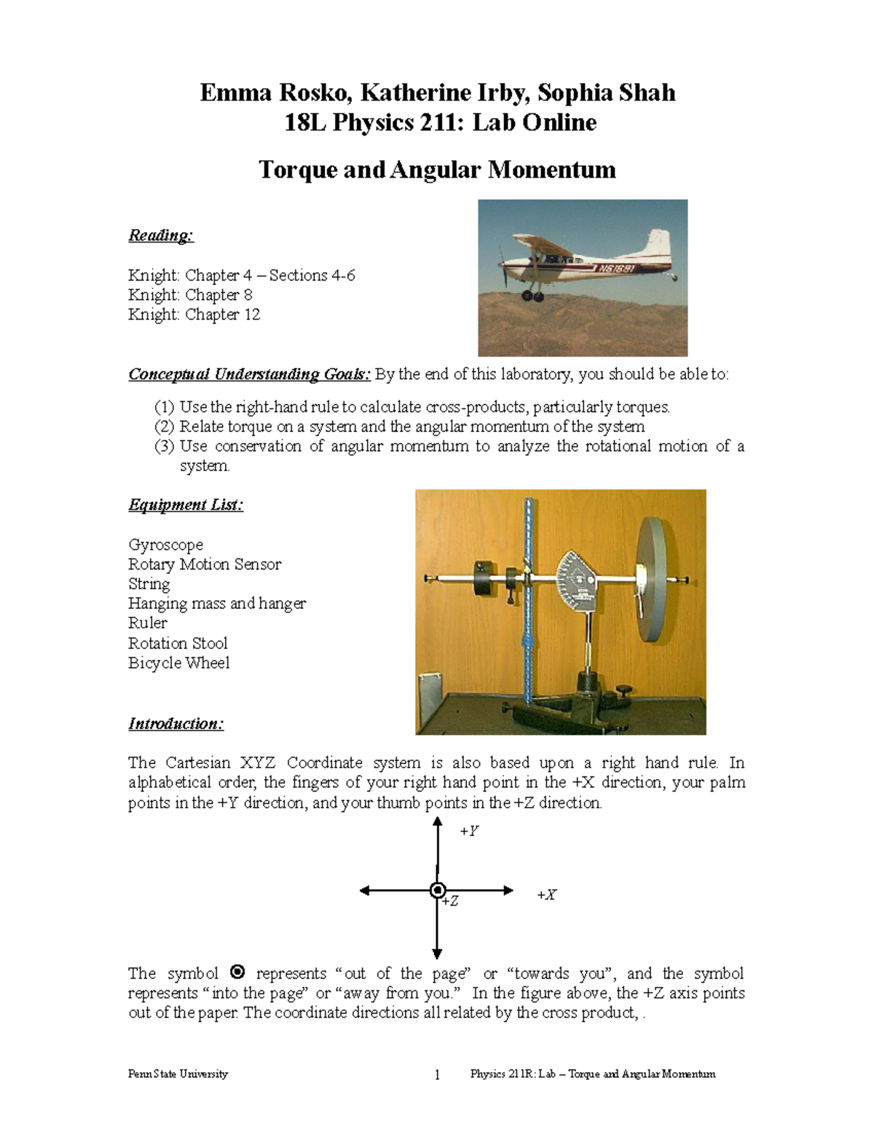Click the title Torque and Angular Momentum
coord(437,170)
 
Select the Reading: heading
coord(161,235)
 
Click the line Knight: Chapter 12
coord(194,315)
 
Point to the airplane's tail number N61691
coord(618,268)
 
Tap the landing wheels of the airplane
coord(532,296)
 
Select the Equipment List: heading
coord(186,505)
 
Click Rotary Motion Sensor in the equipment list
coord(204,564)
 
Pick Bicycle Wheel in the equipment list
coord(178,663)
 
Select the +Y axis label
coord(469,831)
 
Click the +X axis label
coord(546,895)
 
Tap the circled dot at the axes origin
coord(438,890)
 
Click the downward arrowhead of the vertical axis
coord(438,953)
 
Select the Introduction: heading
coord(176,724)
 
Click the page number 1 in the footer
coord(437,1075)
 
